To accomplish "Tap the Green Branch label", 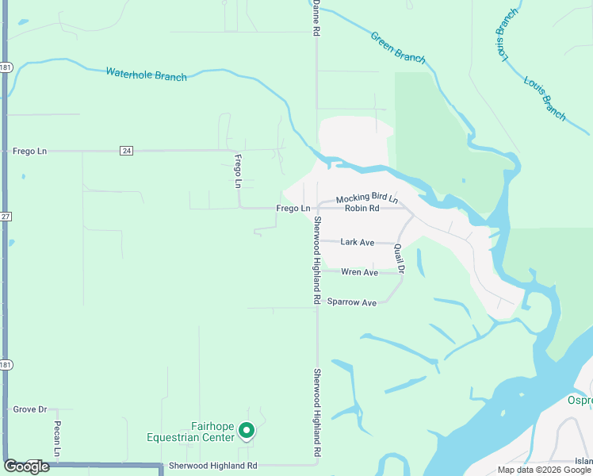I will tap(398, 47).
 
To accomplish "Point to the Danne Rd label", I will tap(316, 17).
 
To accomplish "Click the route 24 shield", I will tap(126, 150).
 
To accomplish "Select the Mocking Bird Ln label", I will tap(366, 198).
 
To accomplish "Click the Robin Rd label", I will tap(362, 209).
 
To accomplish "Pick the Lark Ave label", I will tap(357, 242).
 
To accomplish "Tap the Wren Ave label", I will tap(359, 272).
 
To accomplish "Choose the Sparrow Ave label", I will tap(351, 302).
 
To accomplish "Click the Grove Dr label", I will tap(30, 409).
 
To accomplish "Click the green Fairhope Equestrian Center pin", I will tap(247, 431).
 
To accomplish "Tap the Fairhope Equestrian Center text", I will tap(190, 432).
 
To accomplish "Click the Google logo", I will tap(26, 466).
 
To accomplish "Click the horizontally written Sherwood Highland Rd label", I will tap(212, 466).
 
